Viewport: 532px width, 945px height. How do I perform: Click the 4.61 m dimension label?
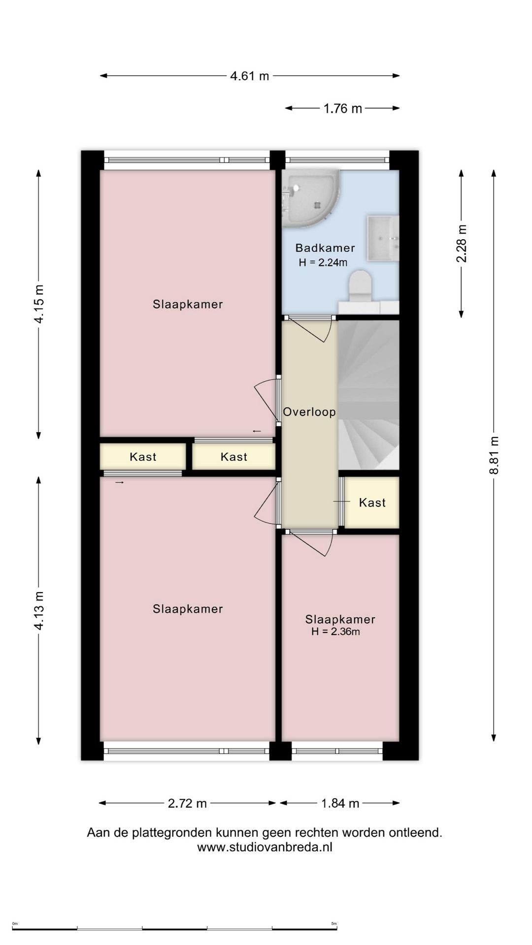[250, 76]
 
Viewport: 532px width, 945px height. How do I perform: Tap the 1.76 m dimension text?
[342, 108]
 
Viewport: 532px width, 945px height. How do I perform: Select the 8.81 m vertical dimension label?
[494, 455]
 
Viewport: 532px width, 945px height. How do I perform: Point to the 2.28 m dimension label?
[462, 243]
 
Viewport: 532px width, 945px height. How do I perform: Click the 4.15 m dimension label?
[38, 304]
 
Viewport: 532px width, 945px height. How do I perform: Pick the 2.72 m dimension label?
[187, 803]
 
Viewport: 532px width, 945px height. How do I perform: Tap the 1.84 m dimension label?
[340, 803]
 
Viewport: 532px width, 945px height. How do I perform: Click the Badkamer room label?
[325, 248]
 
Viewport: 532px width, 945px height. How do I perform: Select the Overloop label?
[309, 411]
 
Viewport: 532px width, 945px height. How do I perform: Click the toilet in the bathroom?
[360, 286]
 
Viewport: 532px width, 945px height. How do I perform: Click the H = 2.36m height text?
[335, 631]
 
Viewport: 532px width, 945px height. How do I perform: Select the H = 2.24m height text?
[323, 262]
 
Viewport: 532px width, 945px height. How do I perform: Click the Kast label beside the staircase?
[372, 503]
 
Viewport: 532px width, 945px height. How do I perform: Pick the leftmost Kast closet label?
[143, 457]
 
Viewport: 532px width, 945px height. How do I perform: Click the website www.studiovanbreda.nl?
[265, 847]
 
